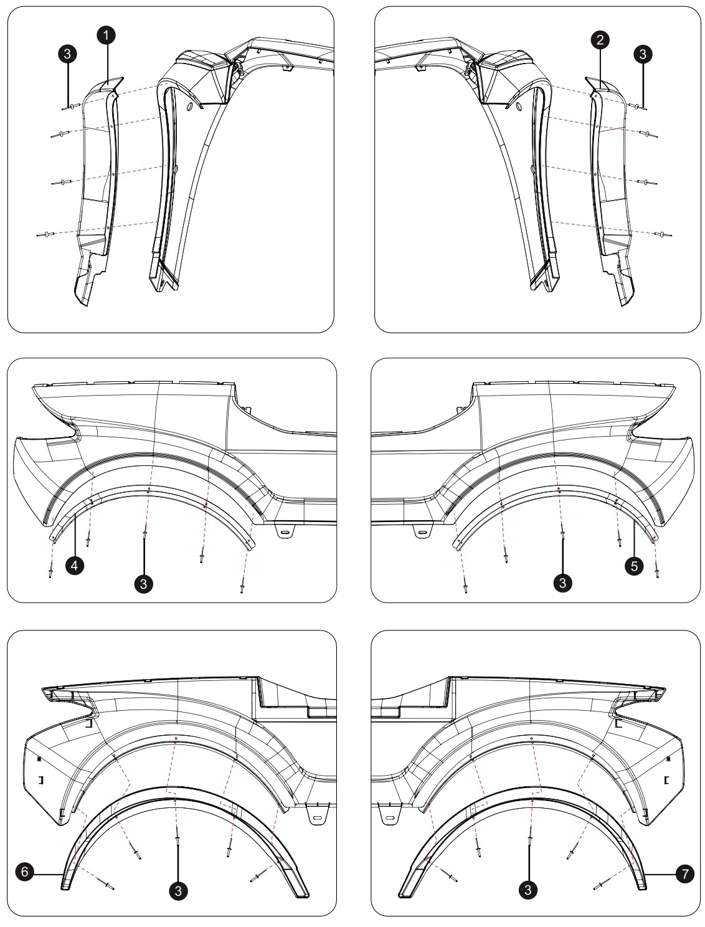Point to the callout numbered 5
[x=633, y=566]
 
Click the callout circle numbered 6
[x=24, y=872]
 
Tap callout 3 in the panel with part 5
[x=563, y=582]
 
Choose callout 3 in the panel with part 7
[x=529, y=890]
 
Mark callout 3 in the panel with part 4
[x=144, y=583]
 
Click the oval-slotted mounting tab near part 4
[x=285, y=533]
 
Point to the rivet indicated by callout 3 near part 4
[x=144, y=534]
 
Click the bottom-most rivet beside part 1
[x=47, y=235]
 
